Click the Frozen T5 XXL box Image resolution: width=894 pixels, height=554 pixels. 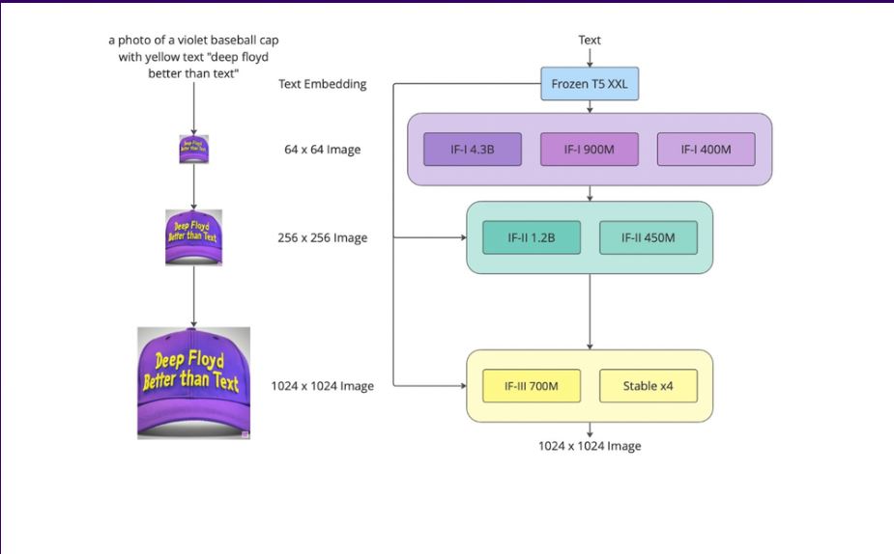point(590,84)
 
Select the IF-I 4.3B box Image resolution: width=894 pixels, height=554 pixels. point(473,150)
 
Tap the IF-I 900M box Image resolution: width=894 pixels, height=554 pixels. point(590,150)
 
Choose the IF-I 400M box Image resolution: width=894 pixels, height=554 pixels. point(706,150)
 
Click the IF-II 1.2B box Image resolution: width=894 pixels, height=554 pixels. point(532,237)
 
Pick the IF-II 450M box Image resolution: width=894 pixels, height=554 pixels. point(649,237)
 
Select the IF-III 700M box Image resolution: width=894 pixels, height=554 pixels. point(532,386)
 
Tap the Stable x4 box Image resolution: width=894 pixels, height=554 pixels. point(649,386)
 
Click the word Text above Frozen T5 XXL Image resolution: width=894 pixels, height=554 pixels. point(590,40)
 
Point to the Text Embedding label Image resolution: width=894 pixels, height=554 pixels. point(323,84)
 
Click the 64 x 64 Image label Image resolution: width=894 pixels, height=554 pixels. point(323,150)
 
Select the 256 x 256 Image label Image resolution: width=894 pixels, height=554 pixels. point(323,237)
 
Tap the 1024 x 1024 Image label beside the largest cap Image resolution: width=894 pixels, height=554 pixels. point(323,386)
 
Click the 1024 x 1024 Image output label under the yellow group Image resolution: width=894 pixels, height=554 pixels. point(590,446)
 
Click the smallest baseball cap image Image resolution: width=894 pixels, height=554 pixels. point(194,150)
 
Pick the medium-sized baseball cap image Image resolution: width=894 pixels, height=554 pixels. point(194,237)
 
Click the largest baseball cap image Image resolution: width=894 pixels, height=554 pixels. point(194,383)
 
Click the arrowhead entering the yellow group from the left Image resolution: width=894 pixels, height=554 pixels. point(464,386)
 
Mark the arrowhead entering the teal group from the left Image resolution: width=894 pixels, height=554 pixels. point(464,237)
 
